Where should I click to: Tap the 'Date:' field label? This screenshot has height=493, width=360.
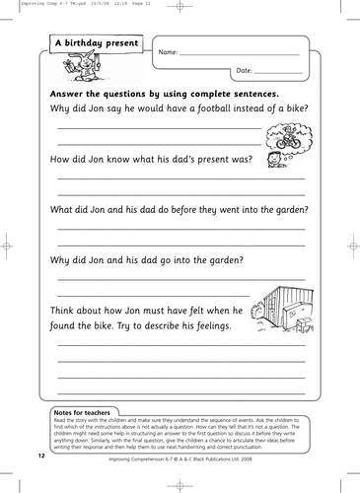(246, 71)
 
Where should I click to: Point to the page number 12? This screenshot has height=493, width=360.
(40, 458)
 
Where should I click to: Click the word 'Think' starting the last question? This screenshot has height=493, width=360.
(66, 310)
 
